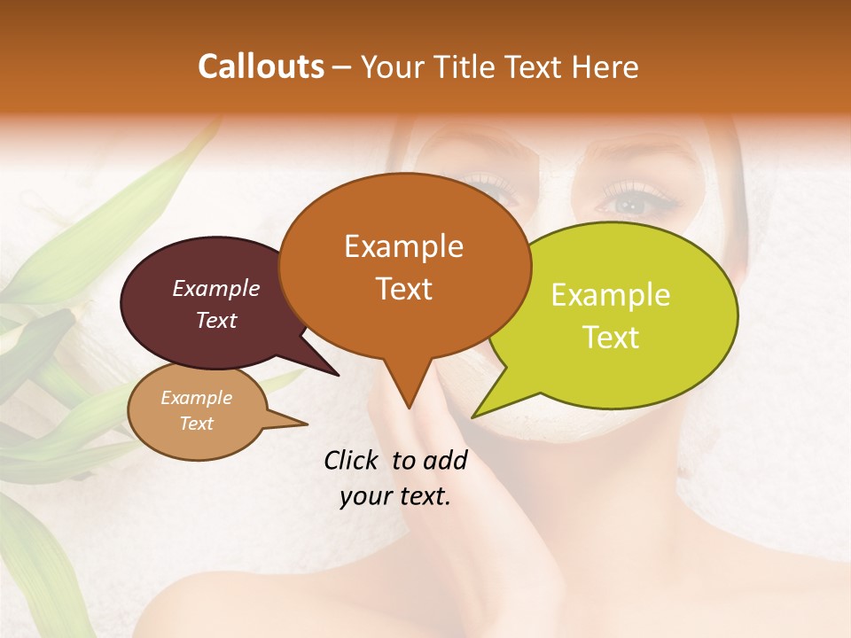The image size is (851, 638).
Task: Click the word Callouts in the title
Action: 261,66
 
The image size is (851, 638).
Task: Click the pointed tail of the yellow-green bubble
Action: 475,415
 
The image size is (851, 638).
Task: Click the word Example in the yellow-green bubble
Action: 611,295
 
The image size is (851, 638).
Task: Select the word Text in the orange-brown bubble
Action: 404,289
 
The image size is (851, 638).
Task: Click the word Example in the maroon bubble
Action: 216,288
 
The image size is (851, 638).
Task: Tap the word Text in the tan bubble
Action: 197,424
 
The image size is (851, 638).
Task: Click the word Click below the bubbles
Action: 353,460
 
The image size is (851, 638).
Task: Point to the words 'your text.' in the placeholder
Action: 395,497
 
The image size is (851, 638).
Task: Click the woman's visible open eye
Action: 633,203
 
